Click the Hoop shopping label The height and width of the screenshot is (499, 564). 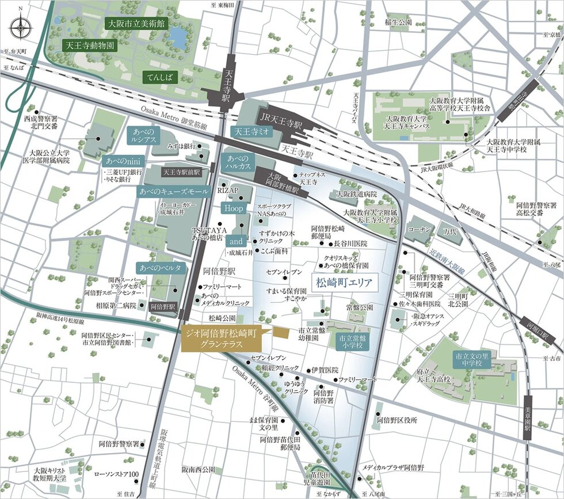tap(234, 208)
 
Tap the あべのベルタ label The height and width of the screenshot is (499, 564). tap(161, 268)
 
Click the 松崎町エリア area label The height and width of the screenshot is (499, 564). tap(344, 283)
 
